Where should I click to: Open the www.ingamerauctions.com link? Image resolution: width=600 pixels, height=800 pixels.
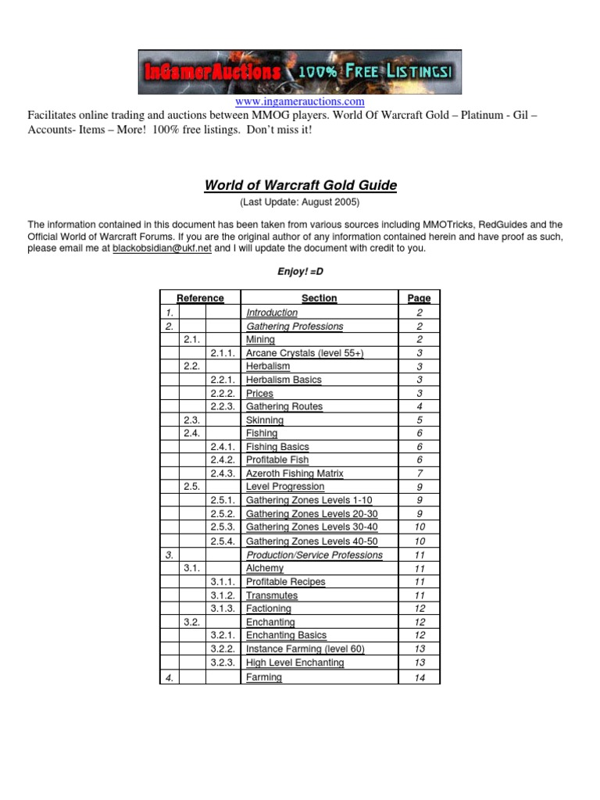click(x=300, y=102)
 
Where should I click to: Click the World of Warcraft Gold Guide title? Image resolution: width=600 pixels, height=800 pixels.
click(x=300, y=185)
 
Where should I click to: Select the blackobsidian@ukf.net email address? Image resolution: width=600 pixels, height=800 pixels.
click(x=162, y=248)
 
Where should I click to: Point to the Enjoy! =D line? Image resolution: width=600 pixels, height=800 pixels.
click(x=300, y=270)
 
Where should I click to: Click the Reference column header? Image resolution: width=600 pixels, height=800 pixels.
click(x=200, y=298)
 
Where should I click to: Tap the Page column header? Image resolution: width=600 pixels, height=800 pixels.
click(x=420, y=298)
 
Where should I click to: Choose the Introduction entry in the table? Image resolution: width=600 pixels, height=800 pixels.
click(x=272, y=312)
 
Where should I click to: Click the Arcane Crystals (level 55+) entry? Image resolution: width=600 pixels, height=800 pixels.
click(x=305, y=353)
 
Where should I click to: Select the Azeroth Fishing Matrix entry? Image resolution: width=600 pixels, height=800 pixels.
click(x=295, y=473)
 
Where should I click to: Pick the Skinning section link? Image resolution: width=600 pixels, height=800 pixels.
click(x=265, y=420)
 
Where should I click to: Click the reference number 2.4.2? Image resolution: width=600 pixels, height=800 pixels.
click(x=223, y=460)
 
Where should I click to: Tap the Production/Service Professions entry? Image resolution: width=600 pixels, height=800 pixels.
click(x=314, y=555)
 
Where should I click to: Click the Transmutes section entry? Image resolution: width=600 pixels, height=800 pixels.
click(x=272, y=595)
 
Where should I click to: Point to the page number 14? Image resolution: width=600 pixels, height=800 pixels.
click(x=420, y=678)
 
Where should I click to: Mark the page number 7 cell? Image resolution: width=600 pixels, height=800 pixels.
click(x=420, y=473)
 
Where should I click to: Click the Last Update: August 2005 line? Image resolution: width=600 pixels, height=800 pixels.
click(x=300, y=202)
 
